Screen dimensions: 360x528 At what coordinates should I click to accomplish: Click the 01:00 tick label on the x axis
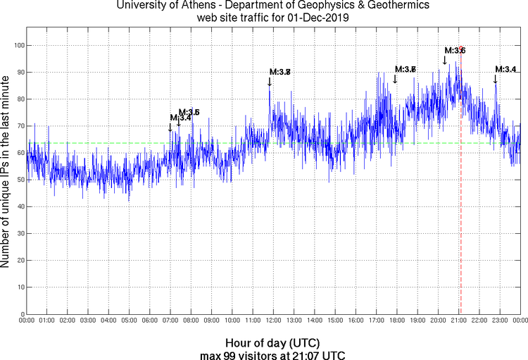[x=47, y=321]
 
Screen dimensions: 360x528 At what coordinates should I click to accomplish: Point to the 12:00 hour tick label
[x=274, y=321]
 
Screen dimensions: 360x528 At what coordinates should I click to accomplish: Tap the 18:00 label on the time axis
[x=397, y=321]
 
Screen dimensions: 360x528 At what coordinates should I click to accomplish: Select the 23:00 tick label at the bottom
[x=500, y=321]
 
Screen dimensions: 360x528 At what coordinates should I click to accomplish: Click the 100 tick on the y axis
[x=18, y=45]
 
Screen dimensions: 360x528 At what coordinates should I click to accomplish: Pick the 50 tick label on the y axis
[x=19, y=180]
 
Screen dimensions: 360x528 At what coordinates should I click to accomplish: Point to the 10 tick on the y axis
[x=19, y=287]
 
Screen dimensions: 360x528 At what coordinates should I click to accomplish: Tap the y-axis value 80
[x=19, y=99]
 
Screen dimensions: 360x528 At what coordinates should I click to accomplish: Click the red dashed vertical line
[x=460, y=211]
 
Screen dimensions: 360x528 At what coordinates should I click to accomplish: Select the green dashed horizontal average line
[x=106, y=143]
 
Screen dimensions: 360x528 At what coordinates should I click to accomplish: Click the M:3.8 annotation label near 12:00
[x=280, y=72]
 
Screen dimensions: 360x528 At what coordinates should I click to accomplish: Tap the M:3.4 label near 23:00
[x=505, y=69]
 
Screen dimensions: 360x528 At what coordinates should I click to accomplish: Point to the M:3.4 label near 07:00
[x=181, y=118]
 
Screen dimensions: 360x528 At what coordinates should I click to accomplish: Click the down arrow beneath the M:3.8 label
[x=270, y=81]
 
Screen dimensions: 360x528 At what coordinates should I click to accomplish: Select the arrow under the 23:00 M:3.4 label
[x=496, y=78]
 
